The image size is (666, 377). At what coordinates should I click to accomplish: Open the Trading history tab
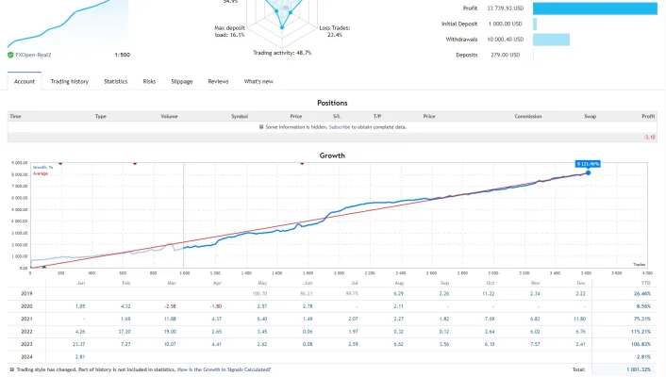(x=70, y=82)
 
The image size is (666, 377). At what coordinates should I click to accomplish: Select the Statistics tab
(x=116, y=82)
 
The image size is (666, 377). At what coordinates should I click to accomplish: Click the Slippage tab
(x=182, y=82)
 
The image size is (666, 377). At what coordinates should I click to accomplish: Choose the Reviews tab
(x=218, y=82)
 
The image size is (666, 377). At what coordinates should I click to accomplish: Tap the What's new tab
(x=258, y=82)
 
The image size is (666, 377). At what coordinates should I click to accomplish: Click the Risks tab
(x=149, y=82)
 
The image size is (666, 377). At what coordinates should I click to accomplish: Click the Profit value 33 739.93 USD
(x=498, y=8)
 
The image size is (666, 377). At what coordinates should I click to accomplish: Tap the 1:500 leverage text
(x=123, y=56)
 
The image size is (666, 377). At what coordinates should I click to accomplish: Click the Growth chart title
(x=332, y=156)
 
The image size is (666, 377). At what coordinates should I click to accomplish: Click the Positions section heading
(x=332, y=103)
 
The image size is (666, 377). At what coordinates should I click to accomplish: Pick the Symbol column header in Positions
(x=240, y=116)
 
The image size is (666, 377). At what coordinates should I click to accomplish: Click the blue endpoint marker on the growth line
(x=588, y=172)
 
